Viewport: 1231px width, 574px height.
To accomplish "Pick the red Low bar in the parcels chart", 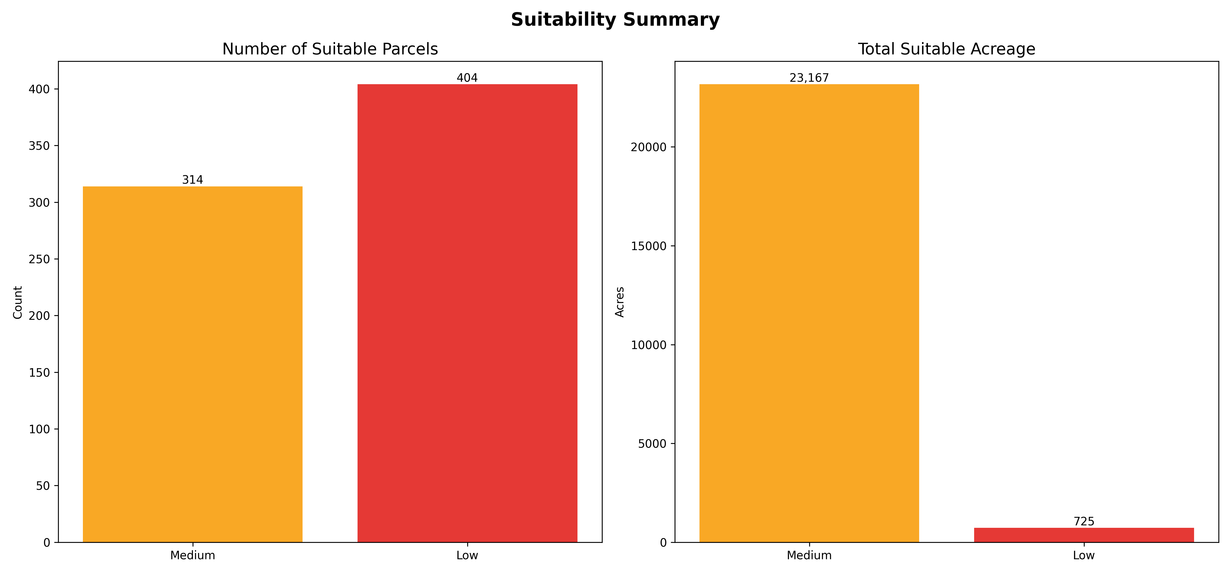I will click(467, 313).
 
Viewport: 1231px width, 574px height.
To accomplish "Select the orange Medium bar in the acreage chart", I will click(809, 313).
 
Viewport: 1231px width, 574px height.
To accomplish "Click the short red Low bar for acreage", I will click(1084, 535).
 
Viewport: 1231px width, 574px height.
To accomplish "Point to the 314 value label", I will click(193, 180).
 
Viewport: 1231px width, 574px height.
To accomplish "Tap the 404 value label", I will click(467, 78).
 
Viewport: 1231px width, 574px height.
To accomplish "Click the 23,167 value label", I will click(809, 78).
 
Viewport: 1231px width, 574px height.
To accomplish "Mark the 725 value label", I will click(1084, 522).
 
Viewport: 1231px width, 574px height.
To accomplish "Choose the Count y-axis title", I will click(18, 302).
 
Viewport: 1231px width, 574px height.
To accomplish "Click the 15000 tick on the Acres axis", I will click(649, 246).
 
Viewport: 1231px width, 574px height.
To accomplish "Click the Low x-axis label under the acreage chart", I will click(1084, 555).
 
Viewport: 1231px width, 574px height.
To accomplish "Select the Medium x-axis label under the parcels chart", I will click(193, 555).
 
